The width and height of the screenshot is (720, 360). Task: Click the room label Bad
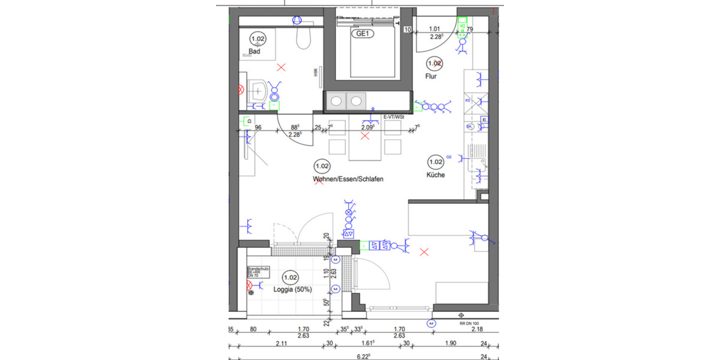254,52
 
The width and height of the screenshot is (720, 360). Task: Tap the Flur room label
431,76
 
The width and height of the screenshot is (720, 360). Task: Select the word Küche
436,175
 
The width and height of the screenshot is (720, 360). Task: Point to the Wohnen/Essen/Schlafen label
347,179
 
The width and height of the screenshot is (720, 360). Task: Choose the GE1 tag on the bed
362,34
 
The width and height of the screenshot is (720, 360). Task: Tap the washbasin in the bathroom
259,92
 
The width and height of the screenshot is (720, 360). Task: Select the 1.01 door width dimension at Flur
435,28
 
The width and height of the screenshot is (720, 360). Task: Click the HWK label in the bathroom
314,72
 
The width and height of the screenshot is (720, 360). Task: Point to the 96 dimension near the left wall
259,128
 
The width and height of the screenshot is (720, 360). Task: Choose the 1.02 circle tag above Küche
436,161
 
